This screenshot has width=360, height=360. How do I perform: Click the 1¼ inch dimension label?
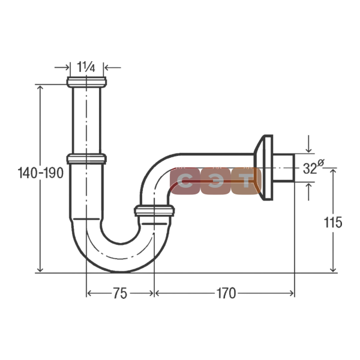point(86,67)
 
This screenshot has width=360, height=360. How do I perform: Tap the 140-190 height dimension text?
point(41,173)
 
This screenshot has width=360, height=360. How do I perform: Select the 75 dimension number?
point(120,293)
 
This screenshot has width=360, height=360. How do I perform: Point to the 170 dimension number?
point(226,293)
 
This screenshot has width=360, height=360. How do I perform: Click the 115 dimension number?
point(332,222)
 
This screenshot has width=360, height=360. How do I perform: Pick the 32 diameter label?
point(313,167)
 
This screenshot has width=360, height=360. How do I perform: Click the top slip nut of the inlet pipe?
point(86,82)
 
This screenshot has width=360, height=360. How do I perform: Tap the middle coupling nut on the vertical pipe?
point(86,159)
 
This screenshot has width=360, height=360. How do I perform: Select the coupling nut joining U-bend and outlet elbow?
point(154,211)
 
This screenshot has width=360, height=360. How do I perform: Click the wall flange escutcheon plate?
point(264,167)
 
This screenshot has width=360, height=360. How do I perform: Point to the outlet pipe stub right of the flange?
point(284,168)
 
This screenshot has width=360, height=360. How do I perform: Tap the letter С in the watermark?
point(185,181)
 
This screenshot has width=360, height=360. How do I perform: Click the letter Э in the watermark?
point(215,181)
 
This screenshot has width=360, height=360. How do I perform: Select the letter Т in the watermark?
point(246,181)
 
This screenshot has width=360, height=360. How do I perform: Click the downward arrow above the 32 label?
point(309,144)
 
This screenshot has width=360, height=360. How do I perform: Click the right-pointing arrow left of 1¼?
point(62,67)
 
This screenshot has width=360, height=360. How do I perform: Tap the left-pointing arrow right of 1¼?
point(113,67)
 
